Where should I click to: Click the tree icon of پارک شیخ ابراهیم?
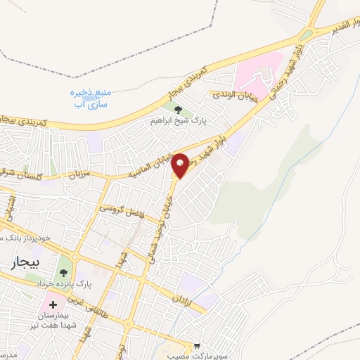pyautogui.click(x=177, y=110)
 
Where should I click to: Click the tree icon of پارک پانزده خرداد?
pyautogui.click(x=65, y=271)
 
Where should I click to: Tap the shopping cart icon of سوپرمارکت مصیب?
pyautogui.click(x=198, y=346)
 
